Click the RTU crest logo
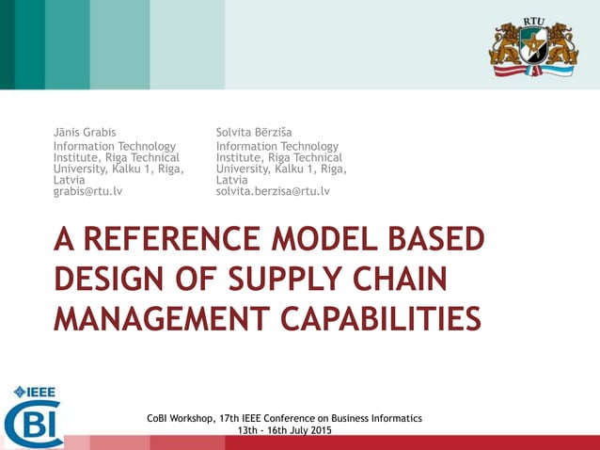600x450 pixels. [x=532, y=47]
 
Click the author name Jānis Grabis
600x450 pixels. [x=86, y=132]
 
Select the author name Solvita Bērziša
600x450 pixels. [x=254, y=132]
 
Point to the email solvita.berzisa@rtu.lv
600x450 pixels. [x=273, y=191]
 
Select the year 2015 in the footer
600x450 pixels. [x=319, y=430]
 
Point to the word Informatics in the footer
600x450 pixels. [x=392, y=418]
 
